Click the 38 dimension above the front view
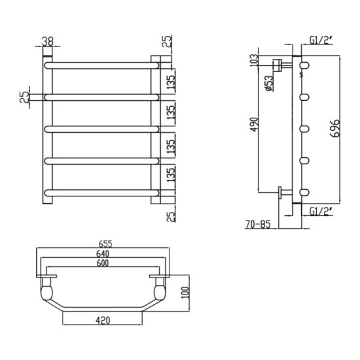(48, 40)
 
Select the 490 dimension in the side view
(254, 124)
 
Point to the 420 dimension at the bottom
(101, 321)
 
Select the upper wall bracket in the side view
(279, 64)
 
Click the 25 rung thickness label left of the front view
(24, 98)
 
